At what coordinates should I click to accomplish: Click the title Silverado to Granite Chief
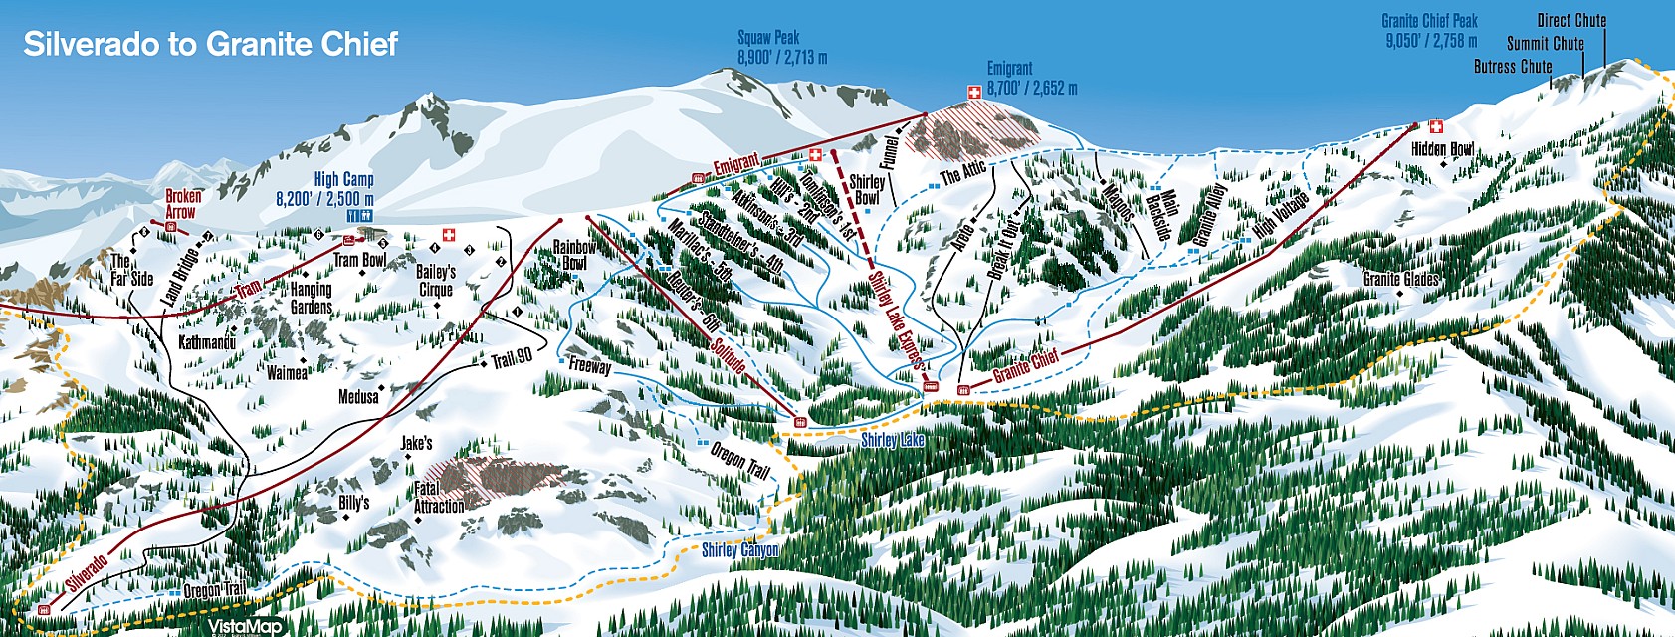pos(210,45)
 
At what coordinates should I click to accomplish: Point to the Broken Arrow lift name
pos(183,204)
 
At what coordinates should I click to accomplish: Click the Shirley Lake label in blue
pos(892,440)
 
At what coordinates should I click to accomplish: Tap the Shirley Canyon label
pos(739,550)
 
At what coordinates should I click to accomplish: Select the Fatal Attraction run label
pos(439,498)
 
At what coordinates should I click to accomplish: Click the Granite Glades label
pos(1400,279)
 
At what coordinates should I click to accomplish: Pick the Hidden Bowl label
pos(1442,149)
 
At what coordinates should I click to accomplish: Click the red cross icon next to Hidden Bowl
pos(1435,127)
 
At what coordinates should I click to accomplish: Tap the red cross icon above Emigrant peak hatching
pos(974,92)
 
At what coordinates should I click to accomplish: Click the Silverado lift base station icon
pos(44,609)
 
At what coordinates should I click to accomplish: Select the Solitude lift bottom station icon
pos(799,423)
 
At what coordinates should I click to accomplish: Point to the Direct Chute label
pos(1570,20)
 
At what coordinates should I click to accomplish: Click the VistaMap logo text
pos(245,627)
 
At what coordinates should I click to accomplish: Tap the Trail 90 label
pos(513,358)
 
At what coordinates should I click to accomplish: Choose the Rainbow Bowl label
pos(574,255)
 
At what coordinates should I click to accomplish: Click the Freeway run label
pos(590,366)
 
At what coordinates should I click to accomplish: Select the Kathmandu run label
pos(207,343)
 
